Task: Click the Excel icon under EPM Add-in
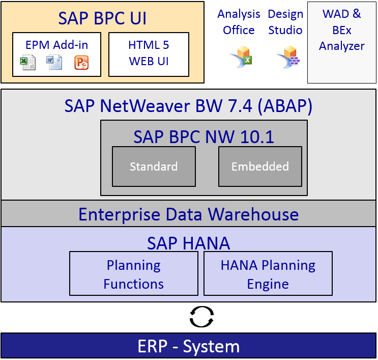pos(28,63)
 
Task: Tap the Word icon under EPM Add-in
pos(54,62)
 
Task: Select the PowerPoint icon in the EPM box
pos(81,63)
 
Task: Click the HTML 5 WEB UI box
pos(149,54)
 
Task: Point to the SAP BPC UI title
pos(102,18)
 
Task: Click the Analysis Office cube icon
pos(242,57)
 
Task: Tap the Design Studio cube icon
pos(289,57)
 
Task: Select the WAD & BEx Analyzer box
pos(342,42)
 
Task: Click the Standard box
pos(154,167)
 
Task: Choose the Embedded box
pos(260,167)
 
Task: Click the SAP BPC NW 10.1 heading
pos(203,137)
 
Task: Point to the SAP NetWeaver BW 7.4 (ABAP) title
pos(188,106)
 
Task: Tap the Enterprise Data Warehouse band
pos(189,213)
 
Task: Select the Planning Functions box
pos(134,273)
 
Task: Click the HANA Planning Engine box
pos(268,273)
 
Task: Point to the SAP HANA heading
pos(189,243)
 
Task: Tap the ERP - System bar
pos(189,346)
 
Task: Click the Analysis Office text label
pos(239,22)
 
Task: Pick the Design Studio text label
pos(285,22)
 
